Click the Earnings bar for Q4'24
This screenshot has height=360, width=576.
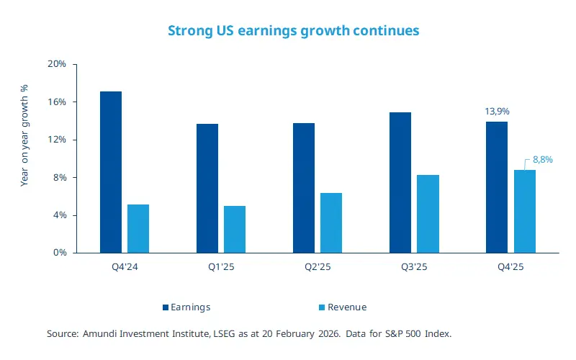click(x=111, y=172)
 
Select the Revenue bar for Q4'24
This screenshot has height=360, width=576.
click(x=138, y=229)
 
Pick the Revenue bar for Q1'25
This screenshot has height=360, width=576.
click(x=235, y=230)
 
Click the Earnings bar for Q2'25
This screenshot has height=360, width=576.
click(x=304, y=188)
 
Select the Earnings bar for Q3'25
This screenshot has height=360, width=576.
click(x=400, y=183)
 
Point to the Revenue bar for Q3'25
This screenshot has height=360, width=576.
click(x=428, y=214)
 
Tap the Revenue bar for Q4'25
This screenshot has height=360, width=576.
click(x=524, y=212)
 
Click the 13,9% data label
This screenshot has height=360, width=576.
click(x=496, y=112)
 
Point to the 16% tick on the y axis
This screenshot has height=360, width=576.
click(x=56, y=102)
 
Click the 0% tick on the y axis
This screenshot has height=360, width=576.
click(x=59, y=253)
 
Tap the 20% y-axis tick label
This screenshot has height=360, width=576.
click(x=56, y=64)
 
